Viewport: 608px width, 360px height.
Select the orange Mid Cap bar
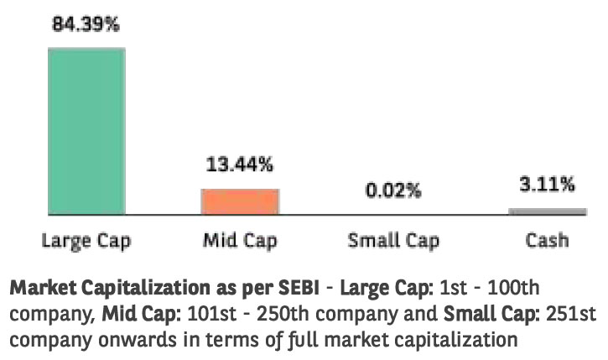click(x=239, y=201)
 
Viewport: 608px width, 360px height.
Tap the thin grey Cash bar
click(x=547, y=211)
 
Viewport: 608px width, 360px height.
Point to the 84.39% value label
click(x=86, y=24)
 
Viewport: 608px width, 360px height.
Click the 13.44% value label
click(x=240, y=164)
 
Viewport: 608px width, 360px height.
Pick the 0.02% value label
click(x=392, y=190)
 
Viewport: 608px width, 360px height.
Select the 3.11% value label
click(x=547, y=184)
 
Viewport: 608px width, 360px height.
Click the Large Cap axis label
click(x=86, y=241)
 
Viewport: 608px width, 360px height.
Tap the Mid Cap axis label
click(x=240, y=241)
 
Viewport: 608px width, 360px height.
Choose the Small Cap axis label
click(x=392, y=241)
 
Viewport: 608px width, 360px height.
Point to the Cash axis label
click(x=547, y=241)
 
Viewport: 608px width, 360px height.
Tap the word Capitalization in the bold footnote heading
click(x=143, y=290)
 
